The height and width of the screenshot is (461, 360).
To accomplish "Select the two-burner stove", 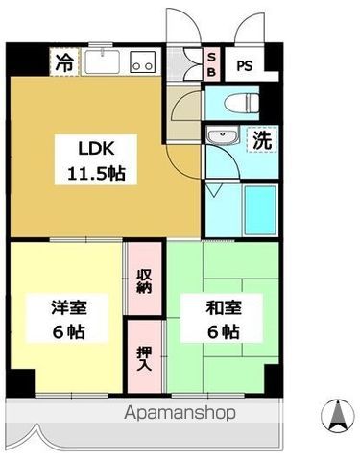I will [x=142, y=63].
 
